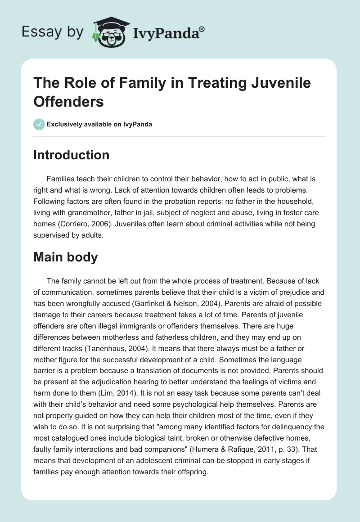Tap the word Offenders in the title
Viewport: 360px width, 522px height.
[69, 101]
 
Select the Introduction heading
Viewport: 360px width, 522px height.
[72, 155]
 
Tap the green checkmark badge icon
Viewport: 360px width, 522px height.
[39, 124]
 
